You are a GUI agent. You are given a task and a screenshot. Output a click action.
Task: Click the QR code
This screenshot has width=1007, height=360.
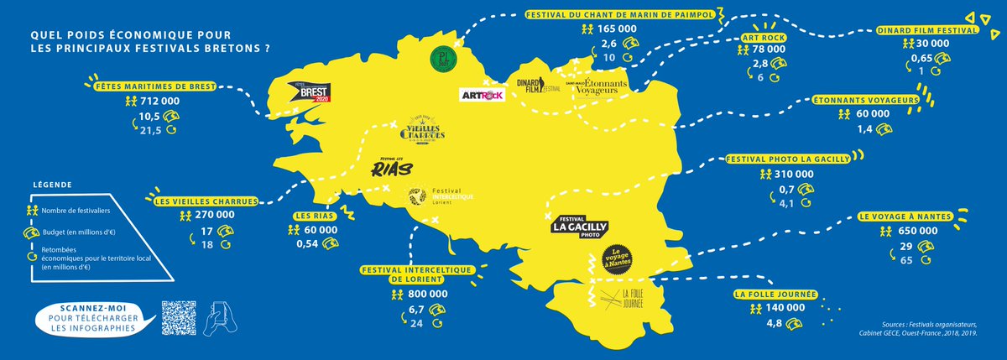tap(178, 318)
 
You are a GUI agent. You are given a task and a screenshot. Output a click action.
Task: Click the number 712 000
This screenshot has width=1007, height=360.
tap(161, 101)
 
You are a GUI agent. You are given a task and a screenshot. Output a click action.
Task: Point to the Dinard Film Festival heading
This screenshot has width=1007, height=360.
tap(927, 29)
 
